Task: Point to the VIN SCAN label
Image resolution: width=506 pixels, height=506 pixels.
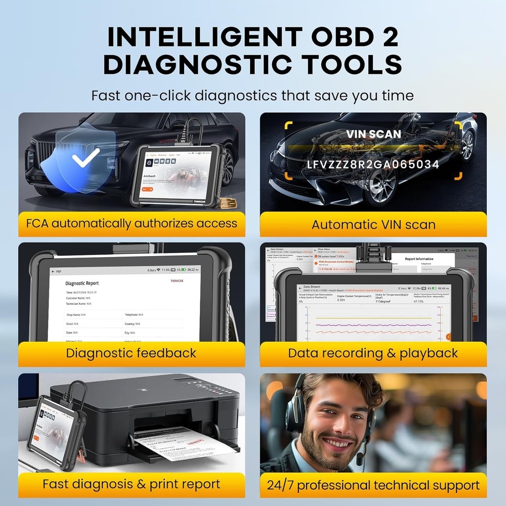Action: pos(373,135)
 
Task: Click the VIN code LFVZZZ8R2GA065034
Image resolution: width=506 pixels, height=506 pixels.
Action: pos(373,164)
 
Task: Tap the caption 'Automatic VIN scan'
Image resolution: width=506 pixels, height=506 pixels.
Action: pos(373,225)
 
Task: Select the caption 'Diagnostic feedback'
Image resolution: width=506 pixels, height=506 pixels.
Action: pos(131,353)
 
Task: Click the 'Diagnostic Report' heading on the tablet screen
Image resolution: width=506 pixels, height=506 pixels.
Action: pos(82,283)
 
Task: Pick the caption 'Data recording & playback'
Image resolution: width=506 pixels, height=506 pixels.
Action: pos(373,353)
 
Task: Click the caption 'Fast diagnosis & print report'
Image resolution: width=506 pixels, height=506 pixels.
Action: pos(131,484)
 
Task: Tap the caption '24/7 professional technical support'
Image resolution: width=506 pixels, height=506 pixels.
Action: pos(373,485)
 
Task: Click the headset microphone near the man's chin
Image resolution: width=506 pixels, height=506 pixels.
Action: pos(360,458)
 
